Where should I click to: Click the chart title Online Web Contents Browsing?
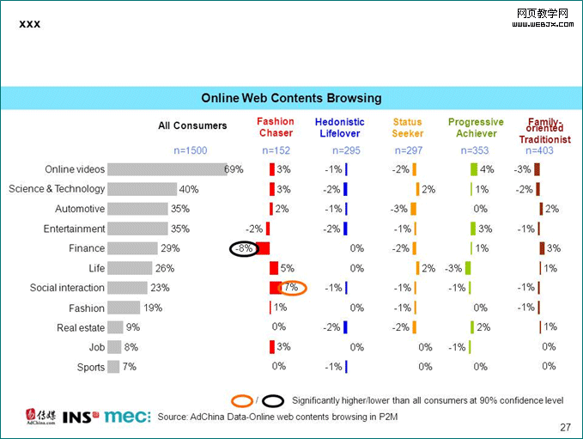(291, 98)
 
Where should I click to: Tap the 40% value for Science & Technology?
(189, 189)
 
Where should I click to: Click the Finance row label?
(86, 248)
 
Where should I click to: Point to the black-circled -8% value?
(244, 248)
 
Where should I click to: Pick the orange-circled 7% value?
(292, 288)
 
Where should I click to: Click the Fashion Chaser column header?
(275, 127)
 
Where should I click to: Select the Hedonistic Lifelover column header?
(339, 127)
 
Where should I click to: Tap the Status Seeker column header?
(407, 127)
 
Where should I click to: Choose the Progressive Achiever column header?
(476, 127)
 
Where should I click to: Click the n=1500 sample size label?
(191, 150)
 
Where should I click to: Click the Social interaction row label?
(67, 288)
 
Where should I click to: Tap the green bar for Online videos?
(473, 169)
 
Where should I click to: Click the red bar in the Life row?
(274, 268)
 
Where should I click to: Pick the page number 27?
(565, 427)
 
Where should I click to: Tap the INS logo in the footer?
(82, 417)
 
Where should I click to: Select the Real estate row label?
(81, 327)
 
